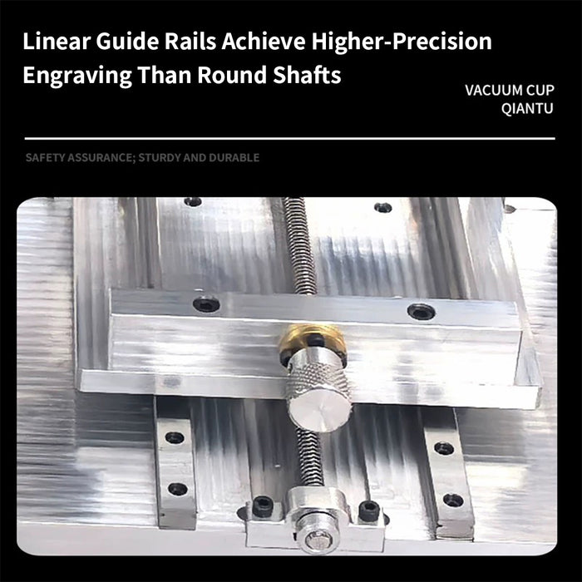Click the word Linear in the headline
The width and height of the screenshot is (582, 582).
[56, 41]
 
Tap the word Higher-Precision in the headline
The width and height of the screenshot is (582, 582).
[402, 42]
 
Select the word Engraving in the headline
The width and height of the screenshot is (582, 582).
[77, 76]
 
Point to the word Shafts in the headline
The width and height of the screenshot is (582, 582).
[307, 75]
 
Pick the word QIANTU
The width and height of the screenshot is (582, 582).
[527, 108]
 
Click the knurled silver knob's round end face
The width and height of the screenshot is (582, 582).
[320, 412]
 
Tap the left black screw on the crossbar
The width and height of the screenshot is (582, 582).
[206, 304]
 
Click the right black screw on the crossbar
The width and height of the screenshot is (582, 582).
[421, 312]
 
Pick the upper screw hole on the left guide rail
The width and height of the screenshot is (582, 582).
[175, 437]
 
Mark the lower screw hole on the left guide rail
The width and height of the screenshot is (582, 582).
[177, 489]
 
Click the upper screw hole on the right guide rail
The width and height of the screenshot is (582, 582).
[444, 448]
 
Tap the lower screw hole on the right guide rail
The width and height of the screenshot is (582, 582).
[453, 501]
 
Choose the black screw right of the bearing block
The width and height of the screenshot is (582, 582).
[369, 510]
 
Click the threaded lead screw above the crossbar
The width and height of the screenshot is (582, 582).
[300, 246]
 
